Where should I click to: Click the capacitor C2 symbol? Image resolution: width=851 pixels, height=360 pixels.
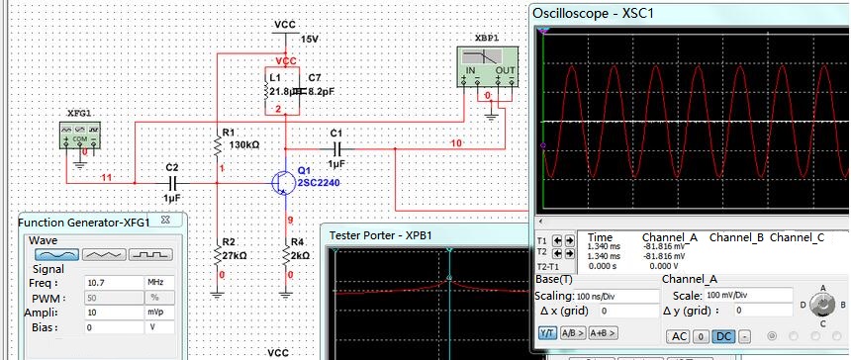172,183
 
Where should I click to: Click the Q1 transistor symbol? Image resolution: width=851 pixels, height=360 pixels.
282,182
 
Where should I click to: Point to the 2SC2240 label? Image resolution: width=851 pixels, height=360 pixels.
320,183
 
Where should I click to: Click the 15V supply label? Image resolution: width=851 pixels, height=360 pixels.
310,39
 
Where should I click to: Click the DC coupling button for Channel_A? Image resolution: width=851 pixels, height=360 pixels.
719,336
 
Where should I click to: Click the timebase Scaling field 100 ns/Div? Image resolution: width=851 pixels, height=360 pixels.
586,296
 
